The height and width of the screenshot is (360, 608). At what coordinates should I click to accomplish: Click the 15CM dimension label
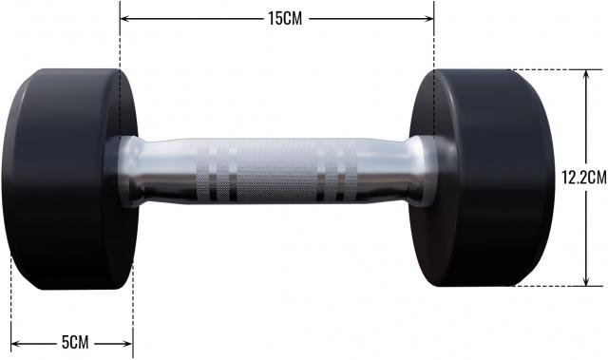(285, 18)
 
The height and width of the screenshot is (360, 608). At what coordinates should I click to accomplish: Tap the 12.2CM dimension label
(584, 178)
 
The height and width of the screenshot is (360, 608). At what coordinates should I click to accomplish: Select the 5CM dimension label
(75, 342)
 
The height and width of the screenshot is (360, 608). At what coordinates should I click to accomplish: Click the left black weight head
(69, 179)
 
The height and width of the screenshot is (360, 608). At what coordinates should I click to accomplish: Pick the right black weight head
(483, 178)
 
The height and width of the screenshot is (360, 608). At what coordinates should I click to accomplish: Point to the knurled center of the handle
(276, 171)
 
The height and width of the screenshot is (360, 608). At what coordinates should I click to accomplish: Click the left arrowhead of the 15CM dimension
(124, 18)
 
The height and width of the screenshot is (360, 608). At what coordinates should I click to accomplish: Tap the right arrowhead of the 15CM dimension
(428, 18)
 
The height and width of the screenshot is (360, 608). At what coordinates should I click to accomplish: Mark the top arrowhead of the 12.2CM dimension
(586, 75)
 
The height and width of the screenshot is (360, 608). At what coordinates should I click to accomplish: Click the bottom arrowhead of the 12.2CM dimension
(586, 280)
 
